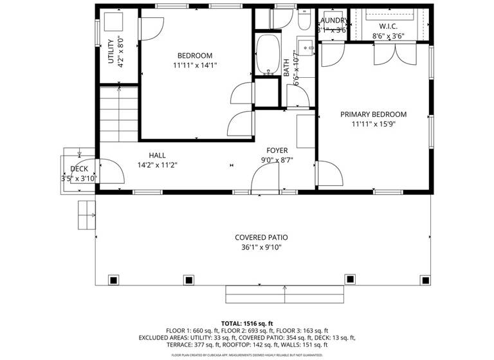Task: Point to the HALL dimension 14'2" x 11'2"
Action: pos(158,165)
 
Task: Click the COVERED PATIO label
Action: pos(261,237)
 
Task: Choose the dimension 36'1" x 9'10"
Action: pos(261,247)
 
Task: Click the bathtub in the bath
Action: pos(265,54)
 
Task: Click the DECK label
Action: pos(79,169)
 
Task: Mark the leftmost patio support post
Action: pos(113,280)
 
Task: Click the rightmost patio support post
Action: pos(424,280)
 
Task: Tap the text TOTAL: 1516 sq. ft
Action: pos(248,323)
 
